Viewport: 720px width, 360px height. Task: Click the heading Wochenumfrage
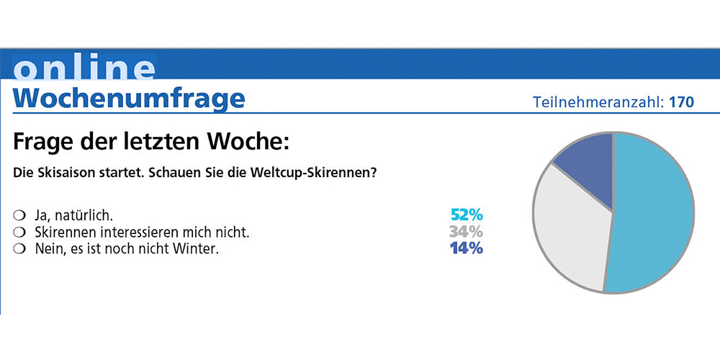point(129,98)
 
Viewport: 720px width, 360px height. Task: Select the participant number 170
point(681,102)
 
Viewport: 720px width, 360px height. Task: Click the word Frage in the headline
point(46,140)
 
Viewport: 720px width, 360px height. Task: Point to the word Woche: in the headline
point(251,140)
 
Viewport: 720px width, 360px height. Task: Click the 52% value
point(467,215)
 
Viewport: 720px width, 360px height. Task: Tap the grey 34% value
point(467,232)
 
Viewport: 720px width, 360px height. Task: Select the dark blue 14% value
point(467,249)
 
